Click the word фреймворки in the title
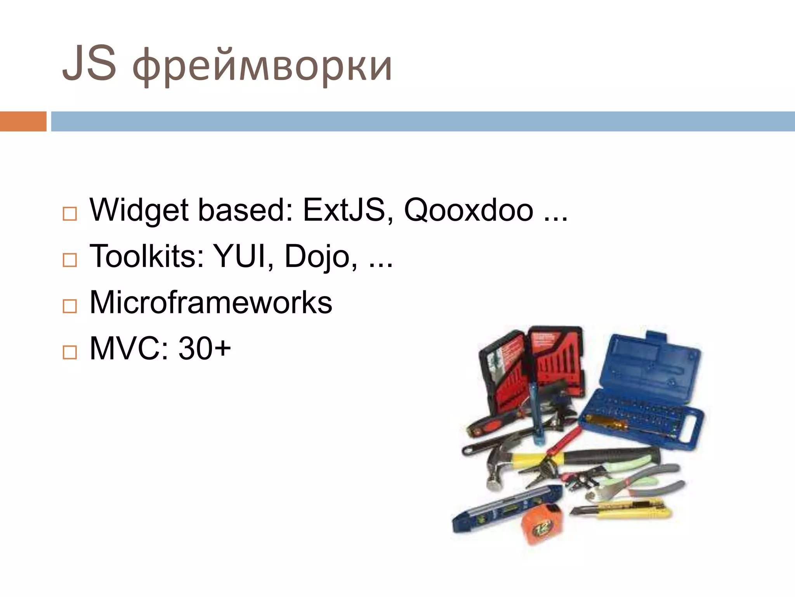[262, 66]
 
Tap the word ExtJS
[344, 210]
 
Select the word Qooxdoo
[469, 210]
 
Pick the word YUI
[241, 256]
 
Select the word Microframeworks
[211, 302]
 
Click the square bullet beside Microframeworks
[70, 306]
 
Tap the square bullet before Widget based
[70, 214]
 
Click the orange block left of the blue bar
[23, 121]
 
